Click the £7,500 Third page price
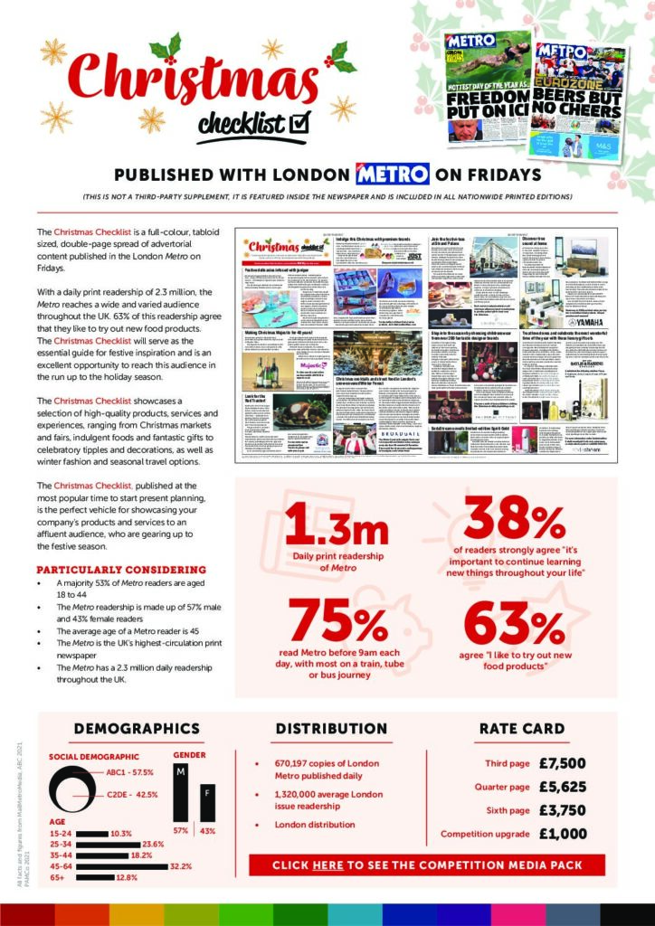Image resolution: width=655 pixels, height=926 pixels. pyautogui.click(x=562, y=763)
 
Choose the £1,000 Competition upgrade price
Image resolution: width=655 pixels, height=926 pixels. pyautogui.click(x=562, y=834)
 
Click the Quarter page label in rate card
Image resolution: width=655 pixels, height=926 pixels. pyautogui.click(x=502, y=787)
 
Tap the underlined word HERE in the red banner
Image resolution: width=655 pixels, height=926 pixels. pyautogui.click(x=327, y=865)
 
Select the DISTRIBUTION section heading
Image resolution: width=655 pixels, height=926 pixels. pyautogui.click(x=331, y=728)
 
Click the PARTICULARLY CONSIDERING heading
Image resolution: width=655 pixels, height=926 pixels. pyautogui.click(x=121, y=570)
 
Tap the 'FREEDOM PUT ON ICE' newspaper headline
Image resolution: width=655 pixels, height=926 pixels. pyautogui.click(x=487, y=108)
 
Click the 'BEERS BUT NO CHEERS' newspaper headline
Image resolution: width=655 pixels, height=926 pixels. pyautogui.click(x=580, y=109)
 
